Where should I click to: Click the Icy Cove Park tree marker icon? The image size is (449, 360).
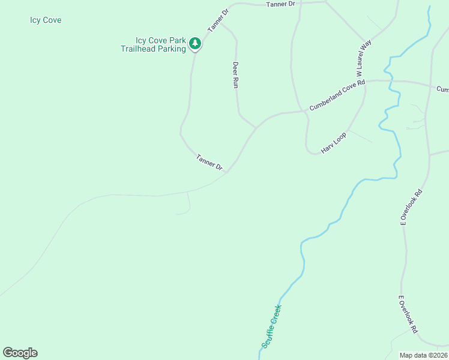click(x=194, y=43)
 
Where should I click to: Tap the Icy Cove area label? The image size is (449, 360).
click(x=46, y=20)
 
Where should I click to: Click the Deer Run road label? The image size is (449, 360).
click(x=236, y=75)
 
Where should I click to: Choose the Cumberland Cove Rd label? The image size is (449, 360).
click(x=337, y=97)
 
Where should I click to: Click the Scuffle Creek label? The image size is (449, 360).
click(x=271, y=326)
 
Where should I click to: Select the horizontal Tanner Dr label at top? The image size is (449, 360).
click(x=281, y=4)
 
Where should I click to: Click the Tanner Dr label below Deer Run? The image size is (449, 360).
click(x=209, y=162)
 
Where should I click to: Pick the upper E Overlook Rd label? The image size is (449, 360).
click(x=412, y=208)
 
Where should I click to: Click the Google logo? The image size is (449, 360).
click(x=20, y=353)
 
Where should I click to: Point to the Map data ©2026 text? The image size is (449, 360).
click(x=424, y=355)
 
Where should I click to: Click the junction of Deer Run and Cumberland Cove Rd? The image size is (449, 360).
click(x=257, y=127)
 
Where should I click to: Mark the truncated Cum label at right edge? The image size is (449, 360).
click(x=442, y=89)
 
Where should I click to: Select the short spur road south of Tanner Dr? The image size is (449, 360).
click(x=188, y=204)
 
